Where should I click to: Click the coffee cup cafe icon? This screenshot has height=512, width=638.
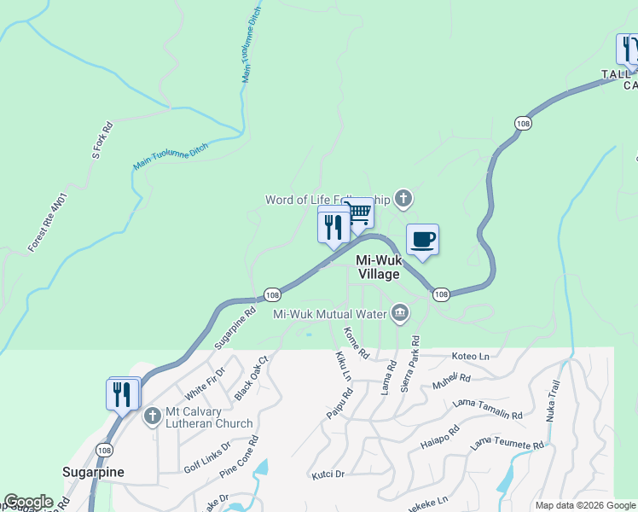(422, 240)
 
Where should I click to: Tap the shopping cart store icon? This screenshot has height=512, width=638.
(360, 212)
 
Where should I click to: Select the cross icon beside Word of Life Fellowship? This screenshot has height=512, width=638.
(403, 200)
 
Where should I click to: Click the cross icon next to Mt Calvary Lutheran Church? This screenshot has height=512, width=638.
(153, 416)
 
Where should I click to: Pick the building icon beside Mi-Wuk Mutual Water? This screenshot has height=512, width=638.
(398, 314)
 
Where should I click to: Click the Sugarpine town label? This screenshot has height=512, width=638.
(94, 472)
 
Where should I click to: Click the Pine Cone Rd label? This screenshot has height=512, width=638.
(239, 458)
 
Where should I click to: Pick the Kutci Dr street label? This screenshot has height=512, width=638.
(328, 474)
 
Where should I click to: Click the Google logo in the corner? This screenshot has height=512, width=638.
(28, 502)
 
